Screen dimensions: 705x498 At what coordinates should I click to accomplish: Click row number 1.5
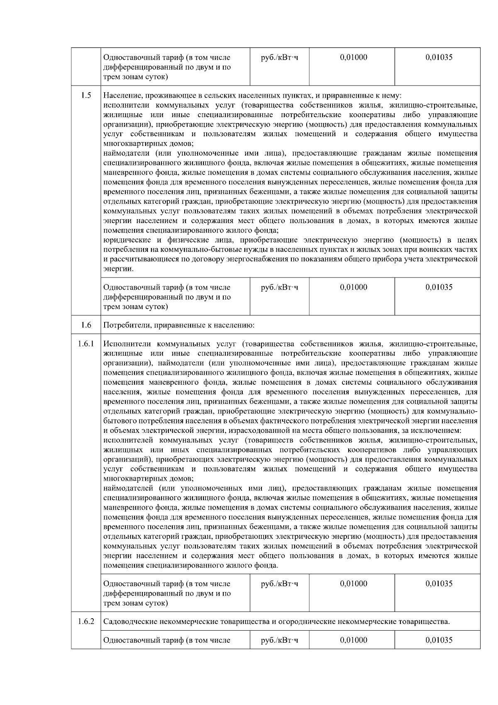pos(85,95)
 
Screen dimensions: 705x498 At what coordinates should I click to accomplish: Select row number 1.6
pos(85,325)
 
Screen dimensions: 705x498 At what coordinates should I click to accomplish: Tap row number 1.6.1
pos(85,344)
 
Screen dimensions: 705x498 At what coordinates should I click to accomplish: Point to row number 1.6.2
pos(85,622)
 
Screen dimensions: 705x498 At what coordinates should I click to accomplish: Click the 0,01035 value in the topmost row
pos(439,57)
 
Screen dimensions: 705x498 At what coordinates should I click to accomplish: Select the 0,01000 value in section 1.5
pos(353,287)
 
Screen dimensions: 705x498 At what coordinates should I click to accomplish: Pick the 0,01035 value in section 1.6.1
pos(439,584)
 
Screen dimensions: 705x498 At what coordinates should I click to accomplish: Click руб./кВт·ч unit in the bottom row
pos(279,640)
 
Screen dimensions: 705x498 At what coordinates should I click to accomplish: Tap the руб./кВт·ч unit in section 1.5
pos(279,287)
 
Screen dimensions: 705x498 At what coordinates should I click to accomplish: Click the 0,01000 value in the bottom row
pos(353,640)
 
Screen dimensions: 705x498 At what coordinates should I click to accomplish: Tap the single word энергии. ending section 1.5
pos(118,269)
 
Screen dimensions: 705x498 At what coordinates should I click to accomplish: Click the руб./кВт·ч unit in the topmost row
pos(279,57)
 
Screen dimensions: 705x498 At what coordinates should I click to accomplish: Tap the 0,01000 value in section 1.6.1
pos(353,584)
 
